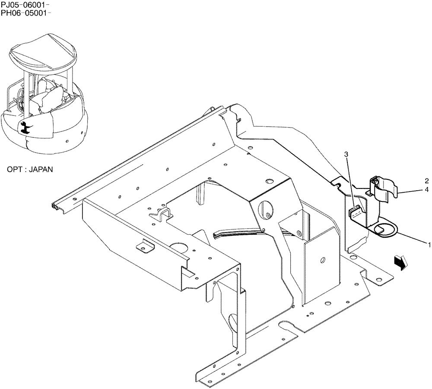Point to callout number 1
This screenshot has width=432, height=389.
pos(429,245)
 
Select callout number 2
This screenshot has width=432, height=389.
pos(426,181)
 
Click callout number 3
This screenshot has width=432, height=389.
pos(346,154)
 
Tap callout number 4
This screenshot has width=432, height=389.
pos(426,189)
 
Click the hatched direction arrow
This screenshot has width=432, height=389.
pos(400,262)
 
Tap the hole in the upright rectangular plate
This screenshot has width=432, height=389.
pos(322,260)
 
